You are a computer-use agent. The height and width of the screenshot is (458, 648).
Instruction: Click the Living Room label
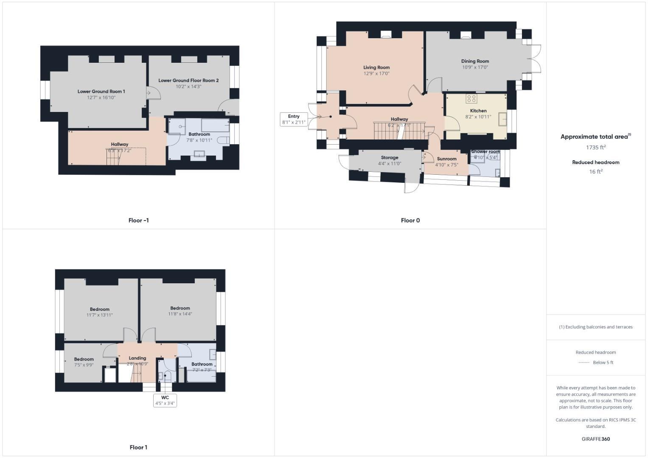pos(376,67)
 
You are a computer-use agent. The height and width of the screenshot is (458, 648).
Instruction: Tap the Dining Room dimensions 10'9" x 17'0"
pos(475,67)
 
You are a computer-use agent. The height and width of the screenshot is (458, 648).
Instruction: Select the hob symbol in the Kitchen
pos(471,99)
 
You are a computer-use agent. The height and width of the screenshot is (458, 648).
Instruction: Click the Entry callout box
pos(293,119)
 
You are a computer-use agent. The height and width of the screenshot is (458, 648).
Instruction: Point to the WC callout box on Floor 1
pos(165,400)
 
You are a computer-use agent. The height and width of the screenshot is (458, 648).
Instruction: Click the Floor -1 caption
pos(138,221)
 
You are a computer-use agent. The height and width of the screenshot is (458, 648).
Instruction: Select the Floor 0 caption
pos(410,221)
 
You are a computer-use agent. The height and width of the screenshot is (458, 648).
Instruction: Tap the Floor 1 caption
pos(138,447)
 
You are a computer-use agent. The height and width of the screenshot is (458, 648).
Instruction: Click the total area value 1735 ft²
pos(595,148)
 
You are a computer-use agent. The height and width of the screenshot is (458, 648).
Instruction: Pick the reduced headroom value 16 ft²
pos(595,172)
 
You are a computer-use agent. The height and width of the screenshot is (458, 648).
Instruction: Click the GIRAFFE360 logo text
pos(595,439)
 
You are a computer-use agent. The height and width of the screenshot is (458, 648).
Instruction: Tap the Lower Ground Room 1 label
pos(101,92)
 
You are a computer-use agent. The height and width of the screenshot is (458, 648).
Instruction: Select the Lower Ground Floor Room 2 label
pos(188,81)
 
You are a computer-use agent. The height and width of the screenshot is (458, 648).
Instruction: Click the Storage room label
pos(389,158)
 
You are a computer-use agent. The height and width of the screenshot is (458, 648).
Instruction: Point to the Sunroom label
pos(446,159)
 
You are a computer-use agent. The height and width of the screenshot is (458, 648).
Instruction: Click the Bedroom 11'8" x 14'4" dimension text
pos(180,314)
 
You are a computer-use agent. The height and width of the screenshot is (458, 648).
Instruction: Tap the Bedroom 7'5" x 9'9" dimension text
pos(84,365)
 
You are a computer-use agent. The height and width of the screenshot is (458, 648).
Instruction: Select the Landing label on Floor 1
pos(137,358)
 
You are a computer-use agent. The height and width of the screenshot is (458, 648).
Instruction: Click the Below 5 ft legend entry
pos(603,363)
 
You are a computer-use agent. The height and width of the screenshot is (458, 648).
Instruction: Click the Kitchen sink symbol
pos(502,119)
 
